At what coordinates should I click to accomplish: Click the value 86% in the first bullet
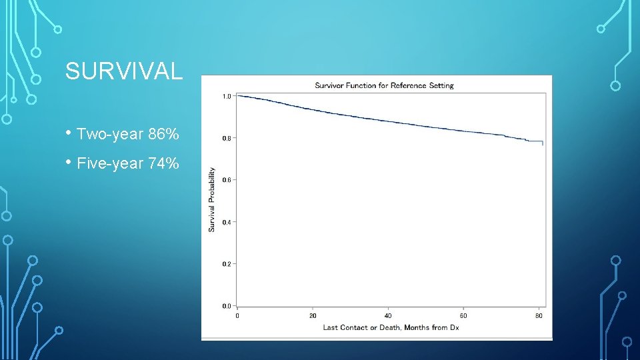[163, 135]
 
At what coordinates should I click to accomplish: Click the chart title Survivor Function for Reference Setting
[384, 85]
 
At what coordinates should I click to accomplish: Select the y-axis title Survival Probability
[212, 199]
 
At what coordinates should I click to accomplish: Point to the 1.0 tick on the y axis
[227, 96]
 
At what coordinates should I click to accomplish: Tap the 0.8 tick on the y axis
[227, 138]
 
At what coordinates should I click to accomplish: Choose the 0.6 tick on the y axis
[227, 180]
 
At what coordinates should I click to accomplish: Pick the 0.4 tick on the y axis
[227, 222]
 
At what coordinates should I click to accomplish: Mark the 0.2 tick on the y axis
[227, 264]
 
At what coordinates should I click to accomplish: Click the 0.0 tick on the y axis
[227, 306]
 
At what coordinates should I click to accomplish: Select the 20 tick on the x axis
[313, 315]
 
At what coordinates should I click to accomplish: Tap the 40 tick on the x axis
[388, 315]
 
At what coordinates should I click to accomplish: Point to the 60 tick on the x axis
[463, 315]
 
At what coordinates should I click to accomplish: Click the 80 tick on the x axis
[539, 315]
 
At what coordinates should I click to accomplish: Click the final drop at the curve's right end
[543, 143]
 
